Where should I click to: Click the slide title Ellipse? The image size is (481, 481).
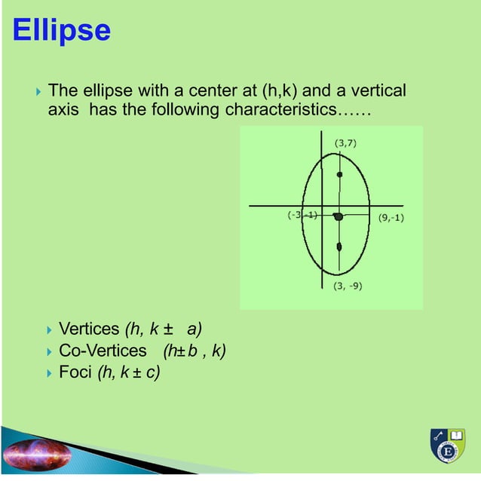tap(62, 31)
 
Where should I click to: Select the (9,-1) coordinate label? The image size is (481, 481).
tap(391, 219)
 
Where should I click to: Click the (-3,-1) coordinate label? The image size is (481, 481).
tap(302, 214)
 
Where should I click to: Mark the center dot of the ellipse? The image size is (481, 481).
tap(339, 217)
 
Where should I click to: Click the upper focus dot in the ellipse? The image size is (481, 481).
tap(339, 174)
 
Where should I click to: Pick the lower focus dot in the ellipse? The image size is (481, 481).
tap(339, 247)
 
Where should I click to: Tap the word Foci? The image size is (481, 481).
tap(75, 372)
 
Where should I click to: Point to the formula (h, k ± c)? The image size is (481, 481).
tap(129, 372)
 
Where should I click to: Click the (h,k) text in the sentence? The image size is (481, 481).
tap(280, 92)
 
